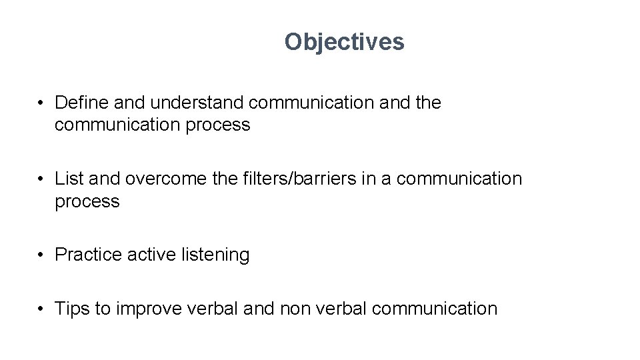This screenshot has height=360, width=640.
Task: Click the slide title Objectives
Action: tap(344, 42)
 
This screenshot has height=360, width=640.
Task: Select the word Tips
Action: tap(69, 309)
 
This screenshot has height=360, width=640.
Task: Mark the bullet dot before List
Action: tap(41, 179)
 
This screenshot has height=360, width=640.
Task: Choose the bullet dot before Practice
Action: tap(41, 255)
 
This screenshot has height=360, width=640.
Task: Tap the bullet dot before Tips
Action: tap(41, 309)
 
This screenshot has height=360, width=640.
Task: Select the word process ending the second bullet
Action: tap(87, 201)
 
